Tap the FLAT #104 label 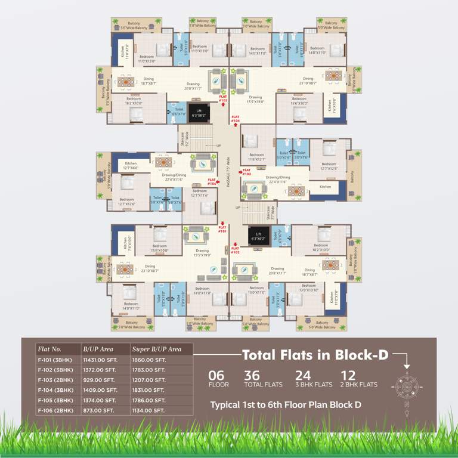(x=236, y=119)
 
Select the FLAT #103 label (x=247, y=172)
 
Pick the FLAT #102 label (x=235, y=250)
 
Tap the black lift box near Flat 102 (x=258, y=237)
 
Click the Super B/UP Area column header (x=157, y=348)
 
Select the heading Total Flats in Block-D (x=315, y=355)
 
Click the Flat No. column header (x=49, y=348)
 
